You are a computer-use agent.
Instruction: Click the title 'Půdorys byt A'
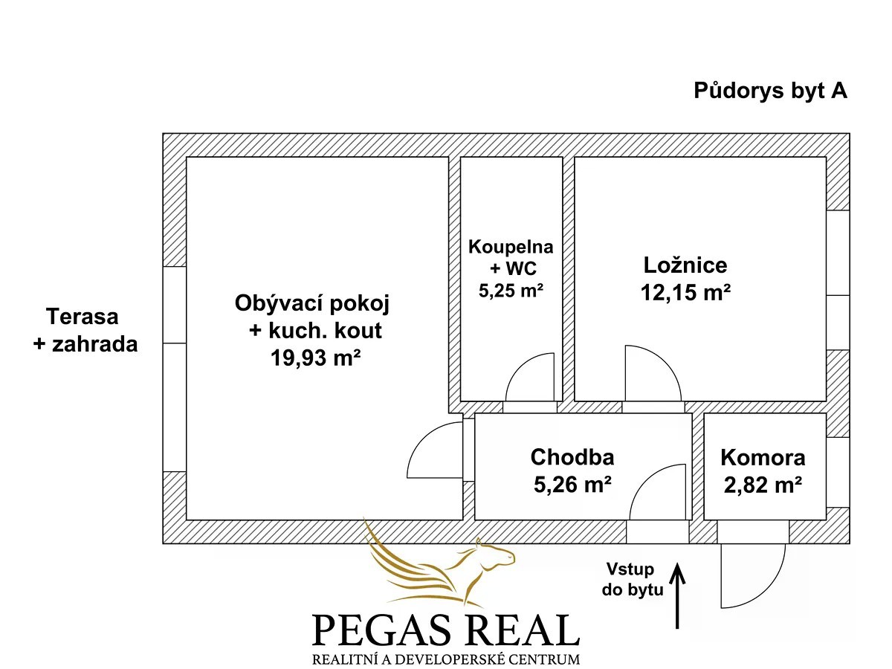[770, 91]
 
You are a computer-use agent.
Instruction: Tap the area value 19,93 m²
[315, 358]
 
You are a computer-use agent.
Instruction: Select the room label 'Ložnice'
[685, 265]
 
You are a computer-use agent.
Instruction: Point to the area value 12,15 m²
[685, 292]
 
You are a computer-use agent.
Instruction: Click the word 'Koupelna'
[511, 247]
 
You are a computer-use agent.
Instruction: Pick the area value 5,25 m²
[511, 291]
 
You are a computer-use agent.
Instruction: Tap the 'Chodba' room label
[572, 457]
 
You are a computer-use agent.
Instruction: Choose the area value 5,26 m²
[572, 484]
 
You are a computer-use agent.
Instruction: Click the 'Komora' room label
[763, 458]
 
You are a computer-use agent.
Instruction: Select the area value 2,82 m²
[763, 485]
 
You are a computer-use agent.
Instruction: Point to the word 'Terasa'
[82, 317]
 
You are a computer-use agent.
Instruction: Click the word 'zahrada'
[94, 344]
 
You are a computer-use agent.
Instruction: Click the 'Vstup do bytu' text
[633, 580]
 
